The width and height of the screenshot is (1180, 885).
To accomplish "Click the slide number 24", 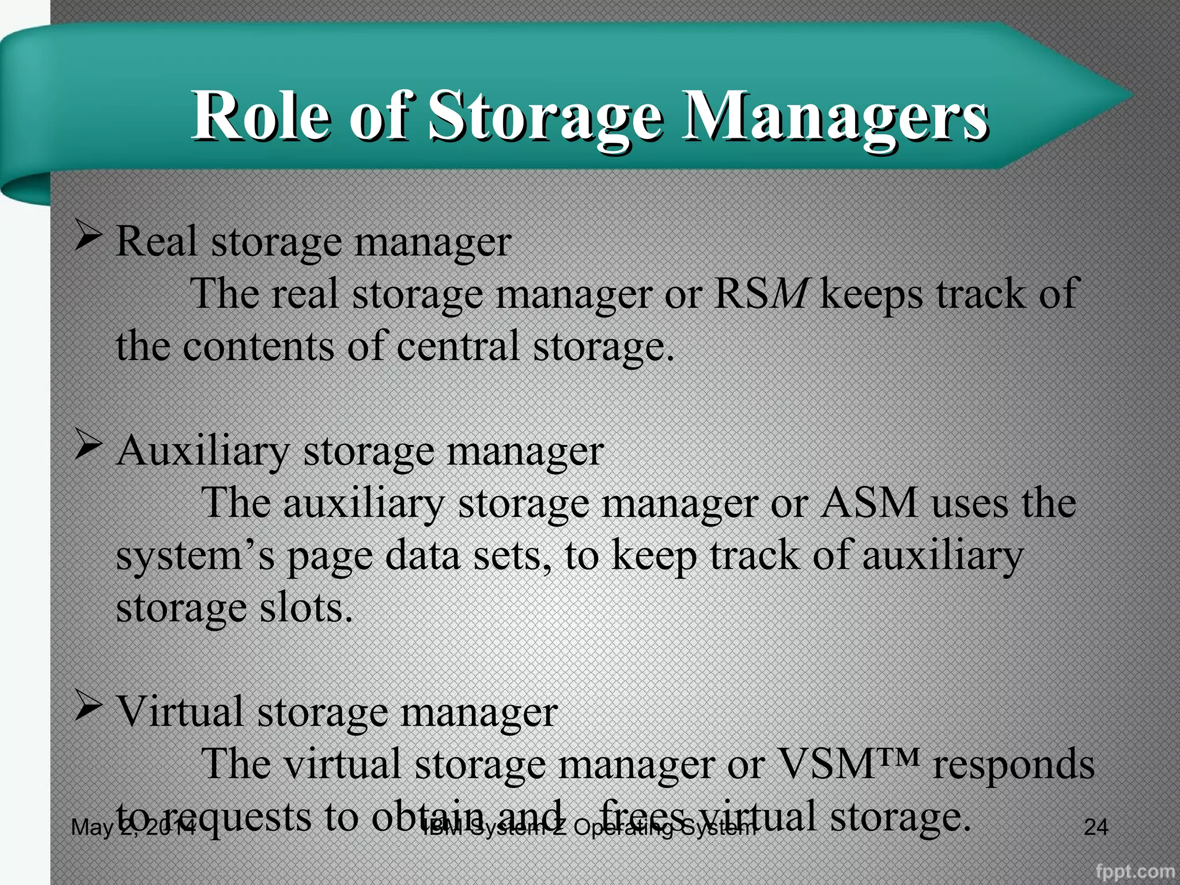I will pos(1095,827).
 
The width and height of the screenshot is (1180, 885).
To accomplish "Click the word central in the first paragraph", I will pos(458,346).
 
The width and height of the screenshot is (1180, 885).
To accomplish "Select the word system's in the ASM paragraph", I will pos(196,557).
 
